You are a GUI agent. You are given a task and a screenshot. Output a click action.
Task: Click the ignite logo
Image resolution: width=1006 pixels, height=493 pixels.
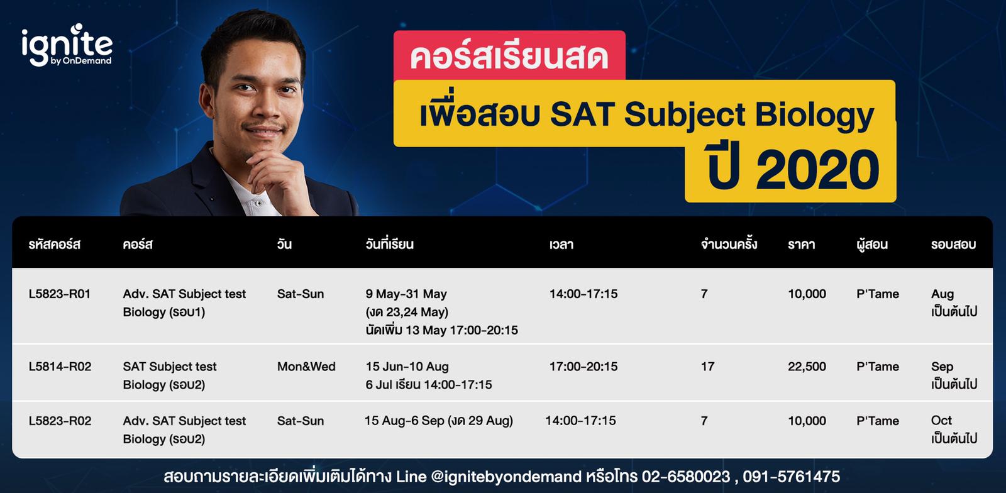pyautogui.click(x=67, y=45)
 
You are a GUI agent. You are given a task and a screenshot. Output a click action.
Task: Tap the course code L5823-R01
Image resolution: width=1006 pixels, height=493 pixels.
pyautogui.click(x=60, y=294)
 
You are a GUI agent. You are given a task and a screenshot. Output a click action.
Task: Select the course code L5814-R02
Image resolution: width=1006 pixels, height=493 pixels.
pyautogui.click(x=60, y=367)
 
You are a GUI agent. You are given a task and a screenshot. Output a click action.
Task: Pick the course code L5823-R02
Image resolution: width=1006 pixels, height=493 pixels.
pyautogui.click(x=60, y=421)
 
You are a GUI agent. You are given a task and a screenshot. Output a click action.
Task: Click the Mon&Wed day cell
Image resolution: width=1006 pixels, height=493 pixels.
pyautogui.click(x=306, y=367)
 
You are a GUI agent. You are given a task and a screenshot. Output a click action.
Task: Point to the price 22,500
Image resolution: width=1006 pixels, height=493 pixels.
pyautogui.click(x=807, y=367)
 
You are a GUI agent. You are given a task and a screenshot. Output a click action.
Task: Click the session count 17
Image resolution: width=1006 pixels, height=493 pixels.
pyautogui.click(x=707, y=367)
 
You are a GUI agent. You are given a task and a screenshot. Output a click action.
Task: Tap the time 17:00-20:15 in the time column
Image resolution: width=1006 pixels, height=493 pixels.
pyautogui.click(x=583, y=367)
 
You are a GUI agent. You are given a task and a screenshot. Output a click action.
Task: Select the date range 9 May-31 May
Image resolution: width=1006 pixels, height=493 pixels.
pyautogui.click(x=406, y=294)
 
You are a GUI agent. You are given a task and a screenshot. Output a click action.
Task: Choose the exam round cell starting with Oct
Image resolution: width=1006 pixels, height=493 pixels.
pyautogui.click(x=954, y=429)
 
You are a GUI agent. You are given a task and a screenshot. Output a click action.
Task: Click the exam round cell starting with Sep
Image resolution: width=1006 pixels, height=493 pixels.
pyautogui.click(x=954, y=375)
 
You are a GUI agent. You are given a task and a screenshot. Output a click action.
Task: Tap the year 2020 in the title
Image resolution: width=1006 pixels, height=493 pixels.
pyautogui.click(x=817, y=170)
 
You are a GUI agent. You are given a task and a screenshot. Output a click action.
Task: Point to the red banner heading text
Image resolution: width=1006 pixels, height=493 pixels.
pyautogui.click(x=509, y=57)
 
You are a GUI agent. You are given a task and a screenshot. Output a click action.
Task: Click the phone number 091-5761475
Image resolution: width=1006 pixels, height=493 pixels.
pyautogui.click(x=791, y=477)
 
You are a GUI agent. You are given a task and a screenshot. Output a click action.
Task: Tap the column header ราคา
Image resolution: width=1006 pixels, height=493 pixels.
pyautogui.click(x=801, y=245)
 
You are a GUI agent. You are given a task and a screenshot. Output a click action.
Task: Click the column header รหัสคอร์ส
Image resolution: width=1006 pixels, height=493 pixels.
pyautogui.click(x=55, y=245)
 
